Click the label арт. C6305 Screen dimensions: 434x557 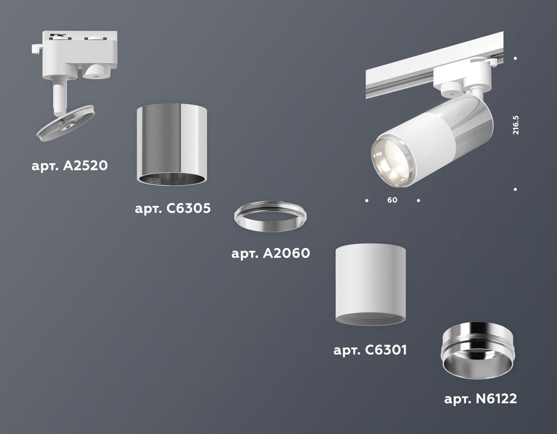tap(173, 209)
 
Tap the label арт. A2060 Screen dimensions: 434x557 tap(271, 254)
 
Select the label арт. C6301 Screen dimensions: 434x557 tap(370, 350)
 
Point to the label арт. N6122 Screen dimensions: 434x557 tap(481, 399)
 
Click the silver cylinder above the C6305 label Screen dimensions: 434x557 tap(173, 143)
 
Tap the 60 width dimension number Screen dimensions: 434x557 tap(392, 200)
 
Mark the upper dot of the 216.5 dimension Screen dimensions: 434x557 tap(516, 59)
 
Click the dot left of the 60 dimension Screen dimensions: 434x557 tap(367, 200)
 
